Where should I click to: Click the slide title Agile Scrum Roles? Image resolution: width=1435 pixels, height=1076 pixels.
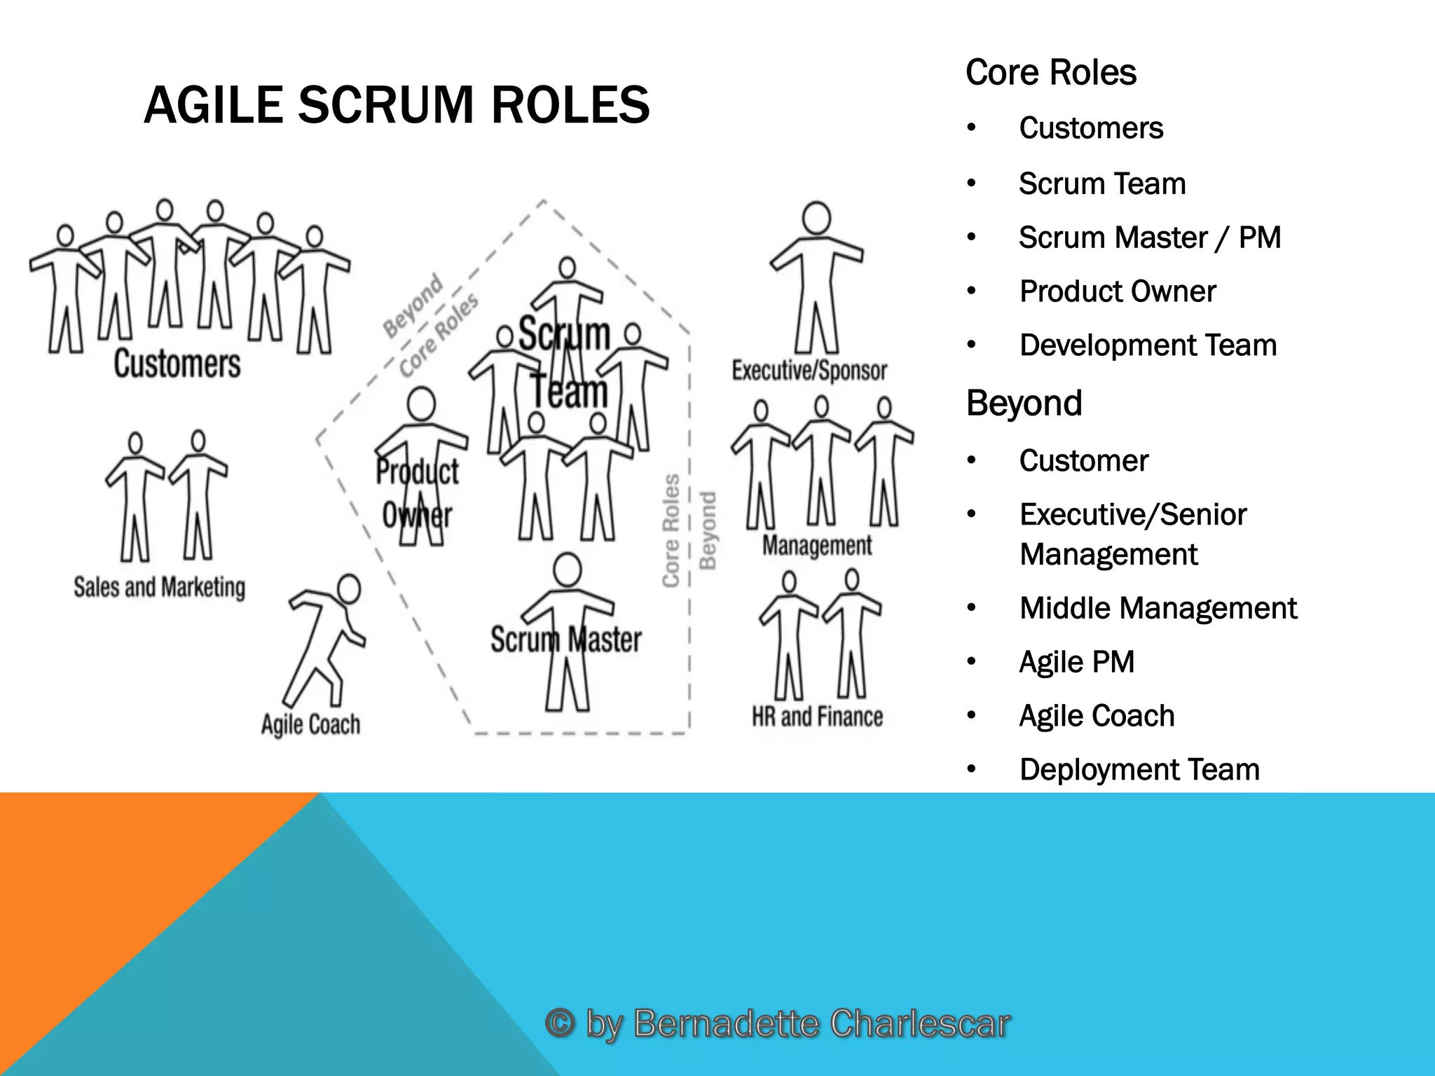coord(397,105)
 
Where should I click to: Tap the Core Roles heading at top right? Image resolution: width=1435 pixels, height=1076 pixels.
coord(1050,73)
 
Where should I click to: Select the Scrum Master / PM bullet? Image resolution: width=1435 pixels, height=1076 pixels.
coord(1149,237)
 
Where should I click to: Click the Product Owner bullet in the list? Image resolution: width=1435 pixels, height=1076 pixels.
coord(1117,291)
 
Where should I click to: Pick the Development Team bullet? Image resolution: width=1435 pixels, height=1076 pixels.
coord(1148,345)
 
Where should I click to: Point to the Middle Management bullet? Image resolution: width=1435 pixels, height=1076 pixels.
coord(1158,608)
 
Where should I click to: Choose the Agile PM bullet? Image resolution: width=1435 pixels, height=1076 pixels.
coord(1076,662)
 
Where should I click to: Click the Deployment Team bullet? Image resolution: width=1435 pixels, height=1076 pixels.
coord(1139,770)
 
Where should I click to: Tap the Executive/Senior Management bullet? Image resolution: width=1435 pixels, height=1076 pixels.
coord(1132,534)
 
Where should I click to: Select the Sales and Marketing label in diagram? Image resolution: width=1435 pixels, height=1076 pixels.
coord(160,587)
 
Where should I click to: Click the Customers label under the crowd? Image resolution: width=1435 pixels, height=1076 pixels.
coord(177,364)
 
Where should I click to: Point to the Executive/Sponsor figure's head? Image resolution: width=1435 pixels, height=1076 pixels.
coord(816,218)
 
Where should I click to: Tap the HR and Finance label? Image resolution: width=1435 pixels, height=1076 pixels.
coord(817,717)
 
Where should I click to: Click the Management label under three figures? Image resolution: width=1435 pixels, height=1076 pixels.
coord(817,545)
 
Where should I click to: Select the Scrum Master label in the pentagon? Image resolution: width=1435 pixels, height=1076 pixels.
coord(565,640)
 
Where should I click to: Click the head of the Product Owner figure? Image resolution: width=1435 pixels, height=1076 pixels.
coord(421,405)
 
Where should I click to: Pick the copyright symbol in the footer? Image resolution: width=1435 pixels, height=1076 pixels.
coord(559,1023)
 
